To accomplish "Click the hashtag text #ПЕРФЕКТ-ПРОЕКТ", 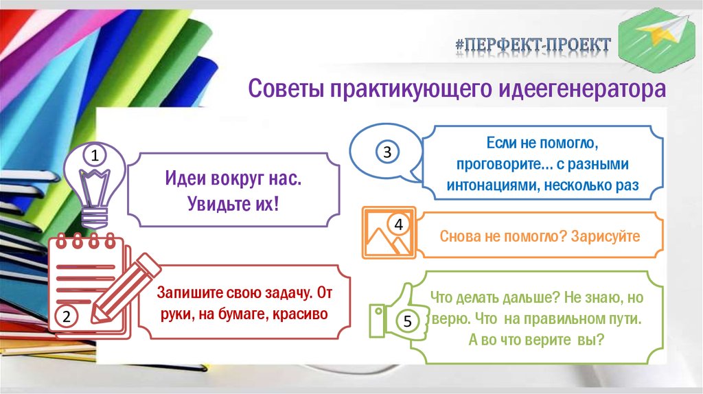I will click(x=532, y=45).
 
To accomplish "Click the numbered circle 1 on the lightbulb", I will click(x=95, y=157).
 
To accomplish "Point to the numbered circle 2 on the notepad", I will click(x=67, y=316).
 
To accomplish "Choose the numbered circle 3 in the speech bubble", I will click(x=387, y=152).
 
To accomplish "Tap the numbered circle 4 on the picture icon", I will click(x=398, y=224).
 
